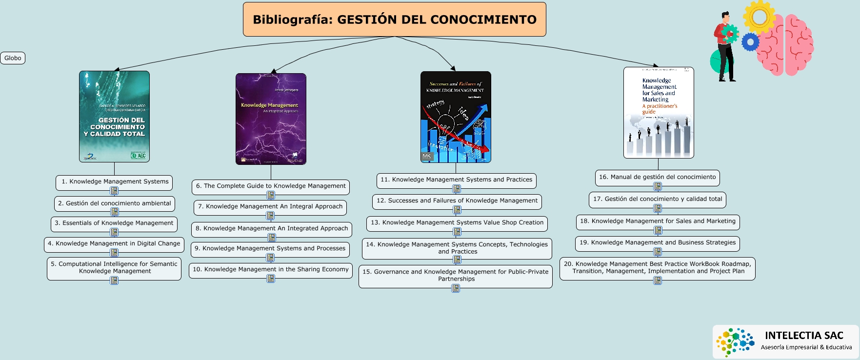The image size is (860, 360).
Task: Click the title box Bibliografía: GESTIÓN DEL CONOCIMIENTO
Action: pos(394,20)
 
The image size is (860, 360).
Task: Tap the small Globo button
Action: pos(13,58)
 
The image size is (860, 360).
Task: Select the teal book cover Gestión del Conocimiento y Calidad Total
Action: pos(115,117)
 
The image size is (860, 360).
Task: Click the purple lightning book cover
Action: pos(271,119)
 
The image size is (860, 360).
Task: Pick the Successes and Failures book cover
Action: pos(456,117)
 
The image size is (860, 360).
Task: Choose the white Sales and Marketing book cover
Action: pos(659,113)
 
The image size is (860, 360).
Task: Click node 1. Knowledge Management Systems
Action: pos(115,181)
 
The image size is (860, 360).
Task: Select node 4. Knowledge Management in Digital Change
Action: pos(114,243)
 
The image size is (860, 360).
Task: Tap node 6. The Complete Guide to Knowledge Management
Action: pos(271,186)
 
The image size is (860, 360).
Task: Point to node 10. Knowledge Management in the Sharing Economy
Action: pos(271,269)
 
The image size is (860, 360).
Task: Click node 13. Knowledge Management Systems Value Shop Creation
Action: pos(457,222)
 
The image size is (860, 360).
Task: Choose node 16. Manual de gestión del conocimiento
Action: pos(657,177)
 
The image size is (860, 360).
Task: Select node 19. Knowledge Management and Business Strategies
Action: pos(657,242)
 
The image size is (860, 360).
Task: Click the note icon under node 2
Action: pos(115,212)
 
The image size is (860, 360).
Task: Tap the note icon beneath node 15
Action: pos(456,288)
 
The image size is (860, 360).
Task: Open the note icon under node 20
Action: pos(658,280)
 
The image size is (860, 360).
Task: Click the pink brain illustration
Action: pos(785,45)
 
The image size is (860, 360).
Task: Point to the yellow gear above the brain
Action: pos(759,16)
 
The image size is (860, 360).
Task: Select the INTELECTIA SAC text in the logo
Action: pos(804,335)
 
